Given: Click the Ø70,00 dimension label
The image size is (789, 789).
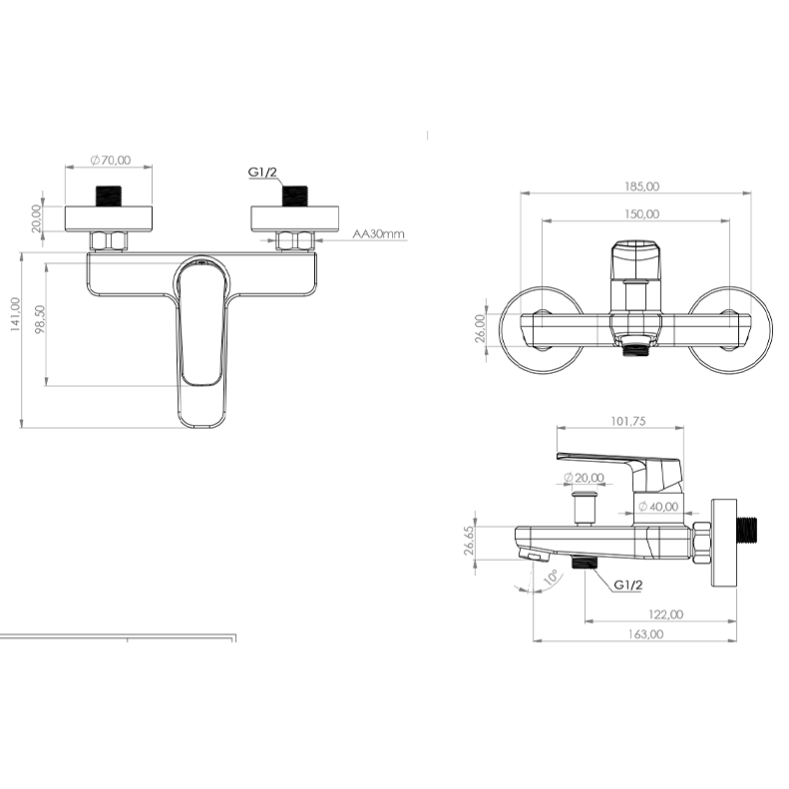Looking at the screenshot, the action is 111,160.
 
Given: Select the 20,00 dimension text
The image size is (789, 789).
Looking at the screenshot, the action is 36,218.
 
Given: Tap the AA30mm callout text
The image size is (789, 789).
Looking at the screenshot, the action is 378,234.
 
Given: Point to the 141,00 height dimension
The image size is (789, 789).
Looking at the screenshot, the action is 15,314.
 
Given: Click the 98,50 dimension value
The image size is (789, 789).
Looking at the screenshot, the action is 40,319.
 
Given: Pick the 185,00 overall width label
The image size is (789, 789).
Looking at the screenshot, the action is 642,187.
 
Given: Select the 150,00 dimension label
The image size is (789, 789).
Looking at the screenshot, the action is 642,213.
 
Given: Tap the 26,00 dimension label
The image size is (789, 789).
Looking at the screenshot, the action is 480,328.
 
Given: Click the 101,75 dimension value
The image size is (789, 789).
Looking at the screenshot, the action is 628,421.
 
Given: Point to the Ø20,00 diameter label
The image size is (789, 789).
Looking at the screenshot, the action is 584,477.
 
